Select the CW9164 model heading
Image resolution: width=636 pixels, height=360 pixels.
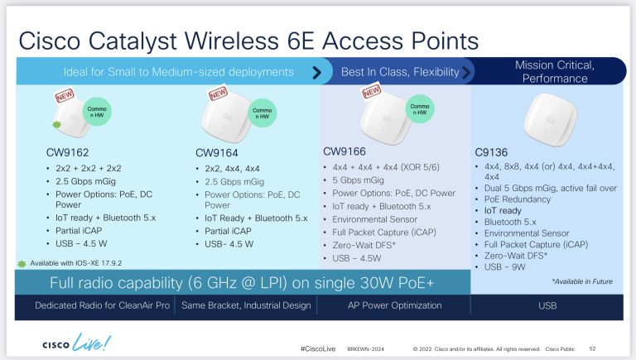click(x=219, y=152)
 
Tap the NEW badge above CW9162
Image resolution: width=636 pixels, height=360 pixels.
click(x=64, y=97)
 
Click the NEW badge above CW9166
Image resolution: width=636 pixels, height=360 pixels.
click(x=372, y=91)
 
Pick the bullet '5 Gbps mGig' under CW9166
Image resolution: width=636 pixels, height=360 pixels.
click(x=358, y=180)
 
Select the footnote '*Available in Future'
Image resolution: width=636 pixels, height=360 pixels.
click(x=581, y=282)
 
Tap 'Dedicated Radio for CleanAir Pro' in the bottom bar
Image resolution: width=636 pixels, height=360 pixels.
click(x=92, y=306)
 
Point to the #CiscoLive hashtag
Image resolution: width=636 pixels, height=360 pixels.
click(x=318, y=350)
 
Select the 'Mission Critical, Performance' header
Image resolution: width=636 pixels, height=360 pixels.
click(x=553, y=71)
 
